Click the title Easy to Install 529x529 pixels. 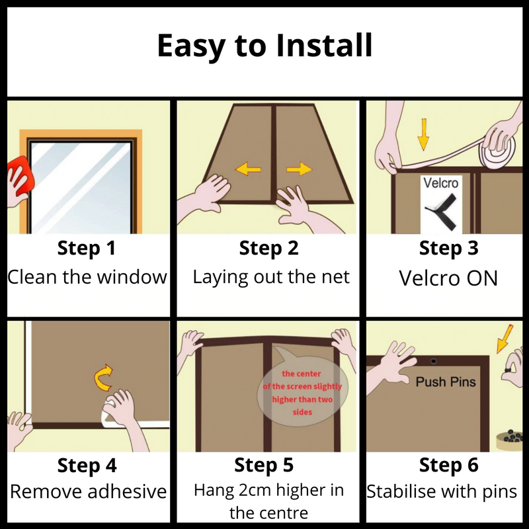point(264,46)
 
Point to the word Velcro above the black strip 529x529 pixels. point(440,183)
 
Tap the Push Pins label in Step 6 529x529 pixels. point(446,382)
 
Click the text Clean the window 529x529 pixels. point(87,276)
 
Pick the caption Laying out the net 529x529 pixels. point(270,276)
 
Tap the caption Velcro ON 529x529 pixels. point(448,278)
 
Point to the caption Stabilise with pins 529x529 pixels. point(442,491)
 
